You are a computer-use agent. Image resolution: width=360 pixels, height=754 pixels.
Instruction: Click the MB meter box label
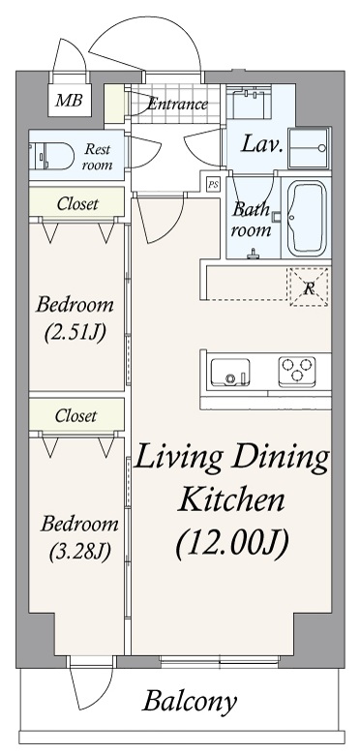coord(67,100)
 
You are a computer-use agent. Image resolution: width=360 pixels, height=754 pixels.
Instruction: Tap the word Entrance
coord(177,105)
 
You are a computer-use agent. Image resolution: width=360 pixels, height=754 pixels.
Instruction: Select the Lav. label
coord(261,147)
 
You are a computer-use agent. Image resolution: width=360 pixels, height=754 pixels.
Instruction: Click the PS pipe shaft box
coord(212,183)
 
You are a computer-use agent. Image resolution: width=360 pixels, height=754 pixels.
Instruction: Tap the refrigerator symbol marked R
coord(309,287)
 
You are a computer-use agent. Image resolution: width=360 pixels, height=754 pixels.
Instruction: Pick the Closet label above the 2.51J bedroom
coord(75,203)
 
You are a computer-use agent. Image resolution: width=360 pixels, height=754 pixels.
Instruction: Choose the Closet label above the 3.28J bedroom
coord(75,416)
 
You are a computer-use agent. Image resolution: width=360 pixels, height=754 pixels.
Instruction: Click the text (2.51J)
coord(75,334)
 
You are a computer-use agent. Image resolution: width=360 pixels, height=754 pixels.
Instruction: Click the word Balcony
coord(190,702)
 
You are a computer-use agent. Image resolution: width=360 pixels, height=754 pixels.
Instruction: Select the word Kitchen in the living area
coord(231,499)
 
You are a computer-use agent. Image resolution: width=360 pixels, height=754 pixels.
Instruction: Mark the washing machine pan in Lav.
coord(311,146)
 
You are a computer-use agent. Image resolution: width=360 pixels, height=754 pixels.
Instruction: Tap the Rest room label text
coord(98,157)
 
